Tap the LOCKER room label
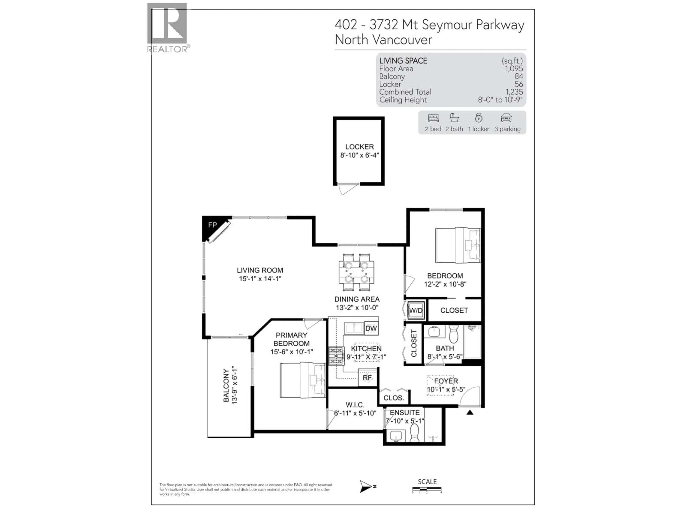tap(359, 147)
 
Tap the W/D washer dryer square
tap(416, 310)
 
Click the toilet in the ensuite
tap(415, 433)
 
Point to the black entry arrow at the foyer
tap(470, 412)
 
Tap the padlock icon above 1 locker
tap(479, 118)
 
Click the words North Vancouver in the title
tap(383, 40)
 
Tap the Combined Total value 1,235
tap(514, 92)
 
